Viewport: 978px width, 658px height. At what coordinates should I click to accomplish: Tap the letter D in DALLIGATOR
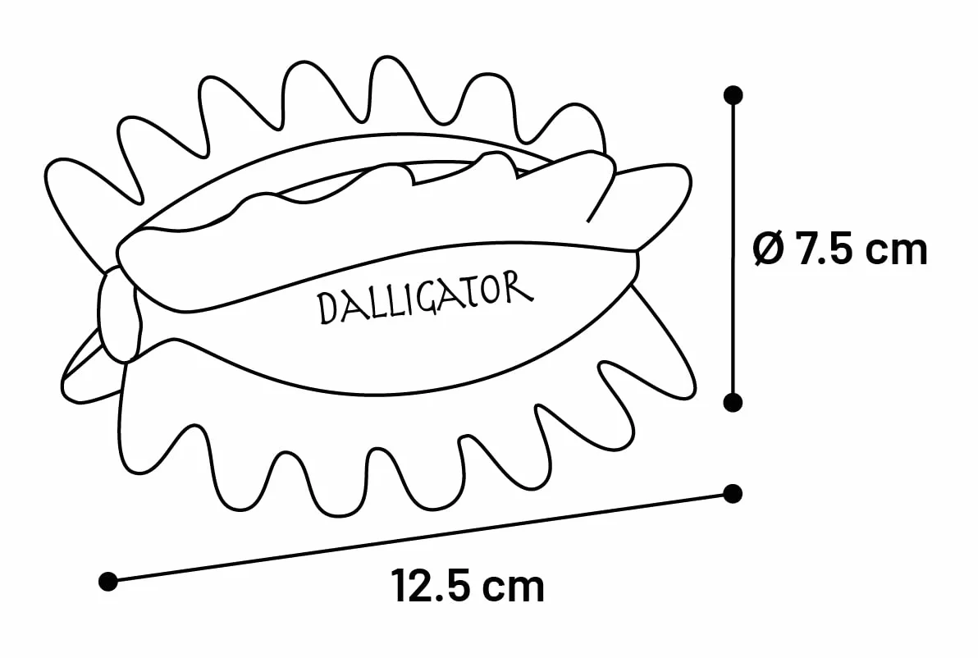point(328,308)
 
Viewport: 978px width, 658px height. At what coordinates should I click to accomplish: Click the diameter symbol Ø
point(769,249)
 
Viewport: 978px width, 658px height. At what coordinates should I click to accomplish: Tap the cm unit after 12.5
point(515,589)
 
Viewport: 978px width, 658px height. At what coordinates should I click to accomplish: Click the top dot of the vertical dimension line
point(733,95)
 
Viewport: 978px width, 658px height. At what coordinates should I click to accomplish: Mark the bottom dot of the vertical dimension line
point(733,402)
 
